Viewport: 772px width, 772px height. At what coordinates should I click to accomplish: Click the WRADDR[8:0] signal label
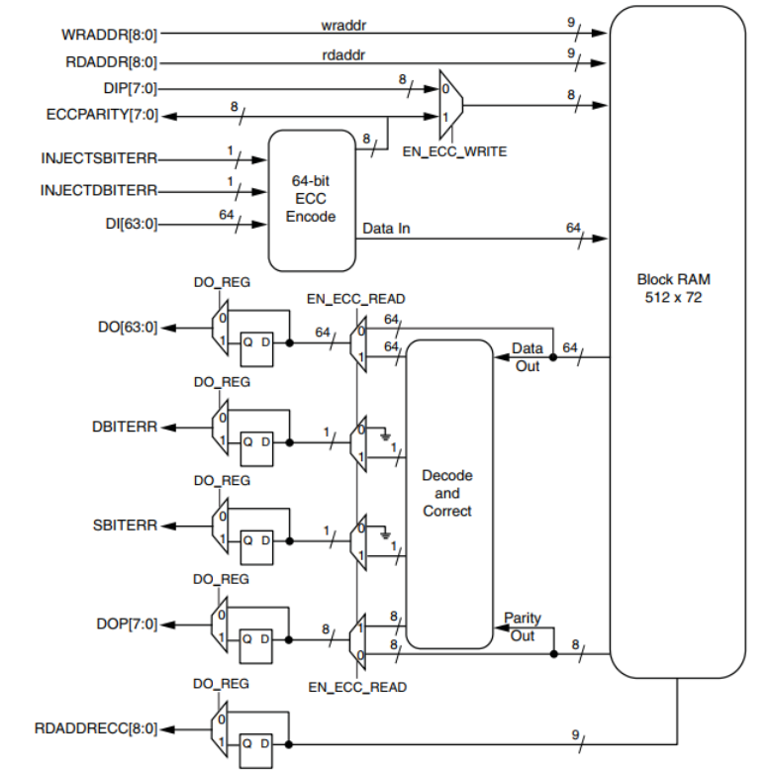(x=109, y=35)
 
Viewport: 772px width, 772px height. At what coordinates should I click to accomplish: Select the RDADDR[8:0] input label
(x=109, y=61)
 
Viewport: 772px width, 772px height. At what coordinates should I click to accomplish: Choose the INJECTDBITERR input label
(x=99, y=190)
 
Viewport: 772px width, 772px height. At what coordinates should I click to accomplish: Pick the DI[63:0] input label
(x=129, y=224)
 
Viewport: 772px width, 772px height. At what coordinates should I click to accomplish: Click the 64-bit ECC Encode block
(x=311, y=200)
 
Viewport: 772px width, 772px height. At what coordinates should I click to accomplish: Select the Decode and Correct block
(x=447, y=493)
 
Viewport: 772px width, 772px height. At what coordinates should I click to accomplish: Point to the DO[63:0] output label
(x=129, y=328)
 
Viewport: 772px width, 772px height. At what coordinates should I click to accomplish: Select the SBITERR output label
(x=124, y=525)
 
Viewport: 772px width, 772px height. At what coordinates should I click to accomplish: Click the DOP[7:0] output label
(x=127, y=624)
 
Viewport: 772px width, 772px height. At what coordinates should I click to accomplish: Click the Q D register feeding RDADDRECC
(x=256, y=747)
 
